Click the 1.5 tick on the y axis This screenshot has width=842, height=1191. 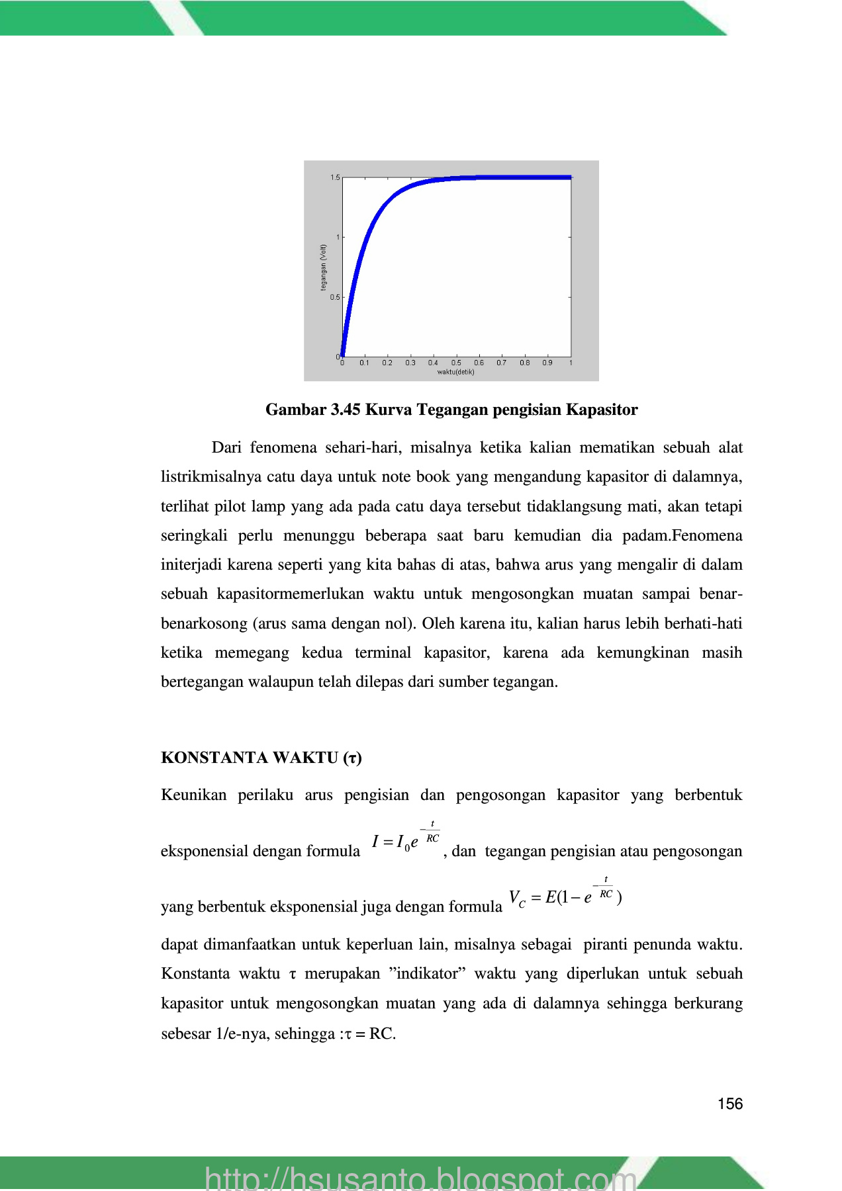point(335,178)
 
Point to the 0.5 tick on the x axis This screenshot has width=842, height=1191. point(456,363)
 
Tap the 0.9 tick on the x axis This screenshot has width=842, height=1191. point(547,363)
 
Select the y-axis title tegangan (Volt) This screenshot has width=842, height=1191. point(324,267)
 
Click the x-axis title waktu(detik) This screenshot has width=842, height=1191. point(455,372)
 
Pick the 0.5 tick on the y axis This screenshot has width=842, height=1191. point(335,297)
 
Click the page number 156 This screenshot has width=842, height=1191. point(730,1104)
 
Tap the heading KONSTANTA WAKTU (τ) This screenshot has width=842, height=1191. point(261,758)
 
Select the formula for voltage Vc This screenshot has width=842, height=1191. point(565,897)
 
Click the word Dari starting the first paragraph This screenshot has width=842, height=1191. point(226,448)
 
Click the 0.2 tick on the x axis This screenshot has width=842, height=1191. point(387,363)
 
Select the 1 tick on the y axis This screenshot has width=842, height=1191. point(338,237)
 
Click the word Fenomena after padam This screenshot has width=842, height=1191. point(707,536)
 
